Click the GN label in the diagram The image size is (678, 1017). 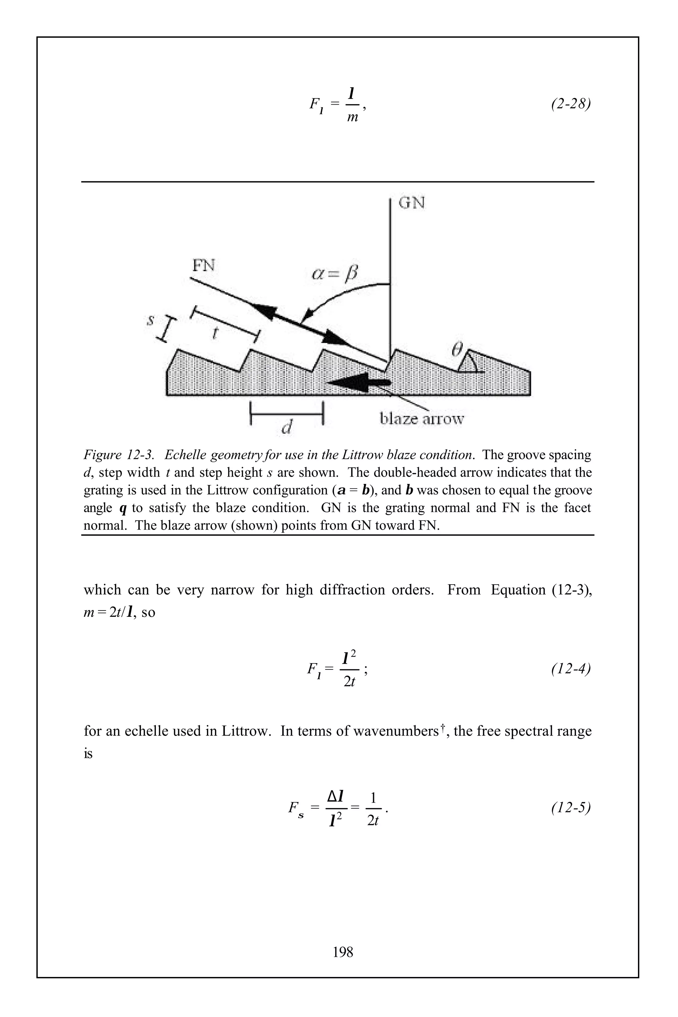[x=411, y=203]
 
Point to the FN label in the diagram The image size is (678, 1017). [x=203, y=265]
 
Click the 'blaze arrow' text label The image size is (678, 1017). [x=421, y=418]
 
